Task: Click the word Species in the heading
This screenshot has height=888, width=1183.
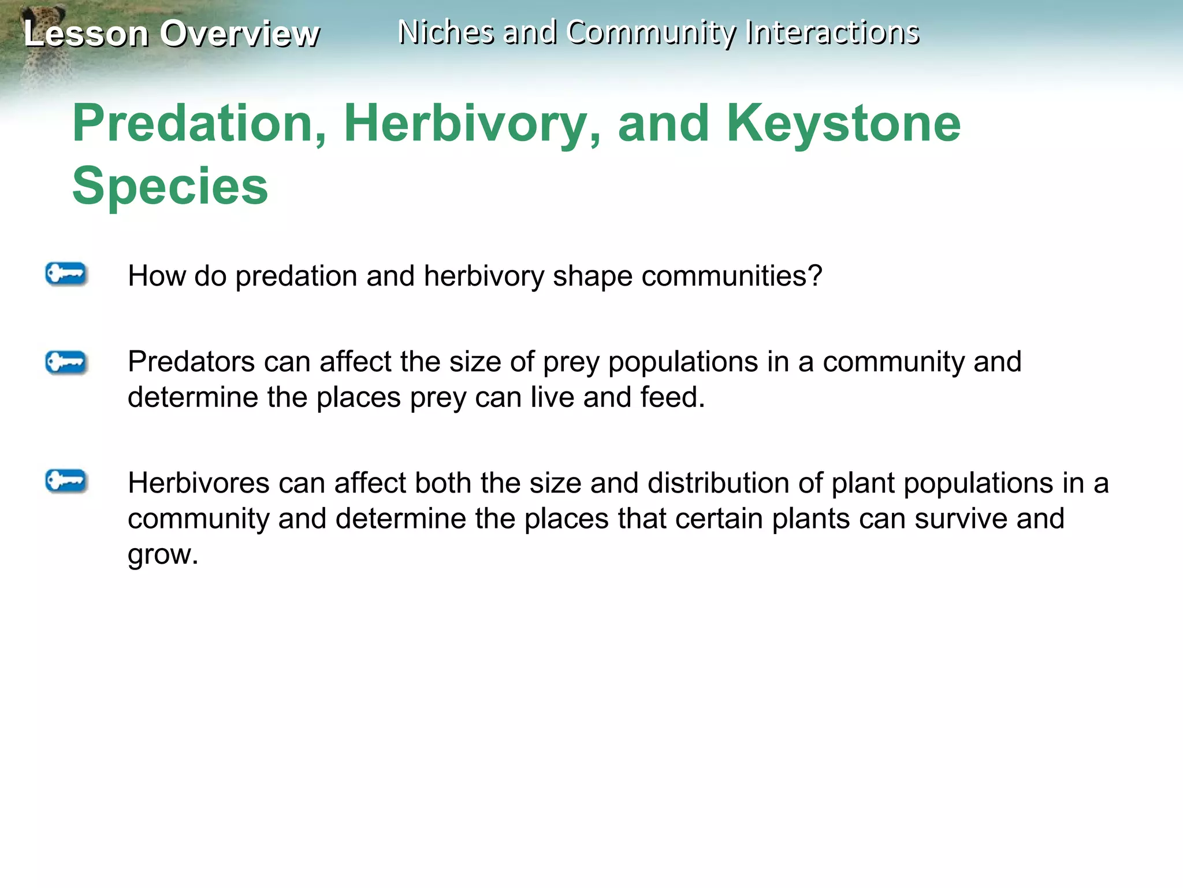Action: click(170, 186)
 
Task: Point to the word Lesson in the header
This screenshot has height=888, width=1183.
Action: click(86, 34)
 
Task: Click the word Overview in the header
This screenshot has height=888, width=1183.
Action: click(239, 34)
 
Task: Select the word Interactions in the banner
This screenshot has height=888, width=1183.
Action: click(832, 32)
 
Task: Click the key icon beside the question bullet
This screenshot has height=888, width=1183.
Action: click(66, 274)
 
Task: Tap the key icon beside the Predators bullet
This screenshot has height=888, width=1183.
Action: click(66, 362)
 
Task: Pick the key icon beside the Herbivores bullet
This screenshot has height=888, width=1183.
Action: click(66, 481)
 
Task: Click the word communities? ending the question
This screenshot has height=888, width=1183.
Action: click(731, 276)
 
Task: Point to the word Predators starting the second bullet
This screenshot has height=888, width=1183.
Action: click(191, 362)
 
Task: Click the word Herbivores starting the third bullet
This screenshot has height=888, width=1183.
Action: click(198, 483)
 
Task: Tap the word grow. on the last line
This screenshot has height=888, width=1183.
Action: click(162, 555)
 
